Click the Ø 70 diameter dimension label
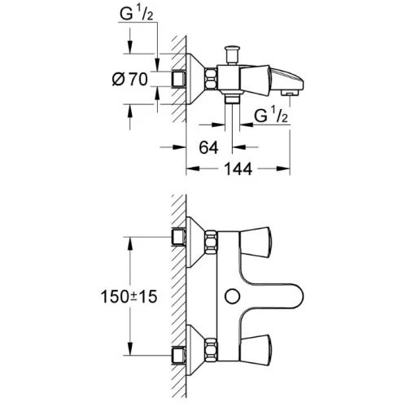pos(130,80)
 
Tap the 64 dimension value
pos(208,148)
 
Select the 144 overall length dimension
pos(238,169)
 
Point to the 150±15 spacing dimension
pos(129,296)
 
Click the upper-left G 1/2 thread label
pos(137,14)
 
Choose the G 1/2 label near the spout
pos(270,116)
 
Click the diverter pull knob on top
pos(232,55)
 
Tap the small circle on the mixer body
pos(233,296)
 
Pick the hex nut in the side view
pos(212,79)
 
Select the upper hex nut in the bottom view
pos(212,242)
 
